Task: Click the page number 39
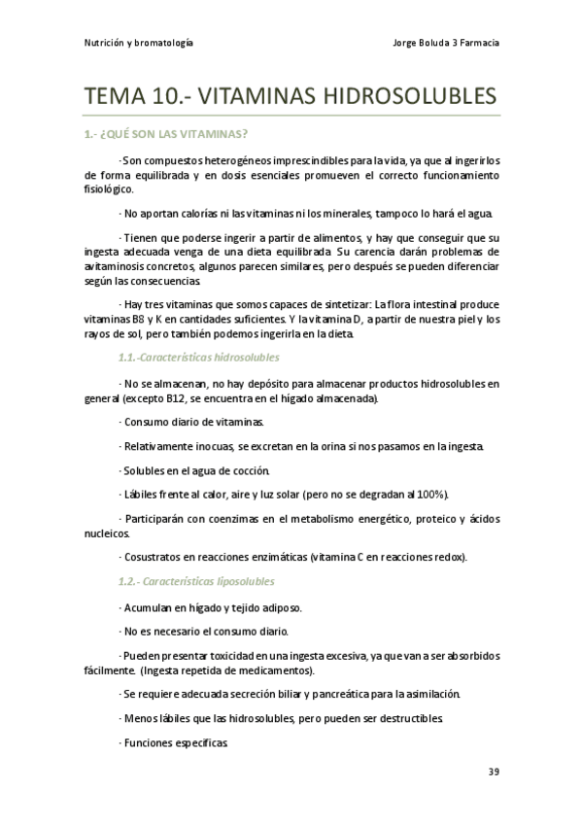[x=494, y=772]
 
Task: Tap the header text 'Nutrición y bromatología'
[x=136, y=43]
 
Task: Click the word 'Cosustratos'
[x=154, y=557]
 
